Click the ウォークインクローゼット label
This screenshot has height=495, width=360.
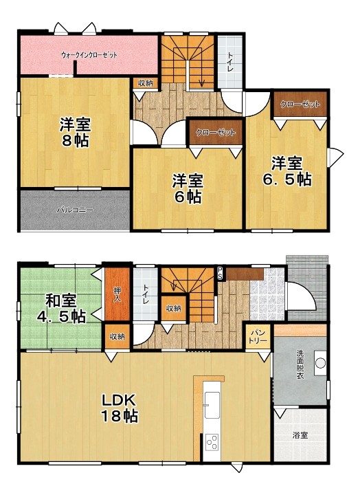pyautogui.click(x=89, y=55)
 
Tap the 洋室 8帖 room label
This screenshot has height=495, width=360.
pyautogui.click(x=75, y=133)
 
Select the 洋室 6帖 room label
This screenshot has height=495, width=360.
pyautogui.click(x=188, y=189)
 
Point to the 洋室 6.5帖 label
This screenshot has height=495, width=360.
pyautogui.click(x=287, y=171)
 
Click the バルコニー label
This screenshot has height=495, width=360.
pyautogui.click(x=75, y=210)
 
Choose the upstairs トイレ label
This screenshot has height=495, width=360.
pyautogui.click(x=230, y=62)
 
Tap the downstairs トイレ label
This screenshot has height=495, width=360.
pyautogui.click(x=146, y=294)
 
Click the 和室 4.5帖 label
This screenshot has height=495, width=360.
pyautogui.click(x=61, y=309)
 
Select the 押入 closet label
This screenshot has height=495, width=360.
pyautogui.click(x=117, y=294)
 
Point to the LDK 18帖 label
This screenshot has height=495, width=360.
pyautogui.click(x=120, y=408)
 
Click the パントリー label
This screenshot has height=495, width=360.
pyautogui.click(x=258, y=337)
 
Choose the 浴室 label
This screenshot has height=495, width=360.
pyautogui.click(x=300, y=435)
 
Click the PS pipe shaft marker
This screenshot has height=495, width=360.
pyautogui.click(x=220, y=273)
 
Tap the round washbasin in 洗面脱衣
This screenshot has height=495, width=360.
pyautogui.click(x=321, y=363)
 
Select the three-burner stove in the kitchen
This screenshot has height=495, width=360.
pyautogui.click(x=212, y=442)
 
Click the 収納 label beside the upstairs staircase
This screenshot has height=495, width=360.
pyautogui.click(x=146, y=83)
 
